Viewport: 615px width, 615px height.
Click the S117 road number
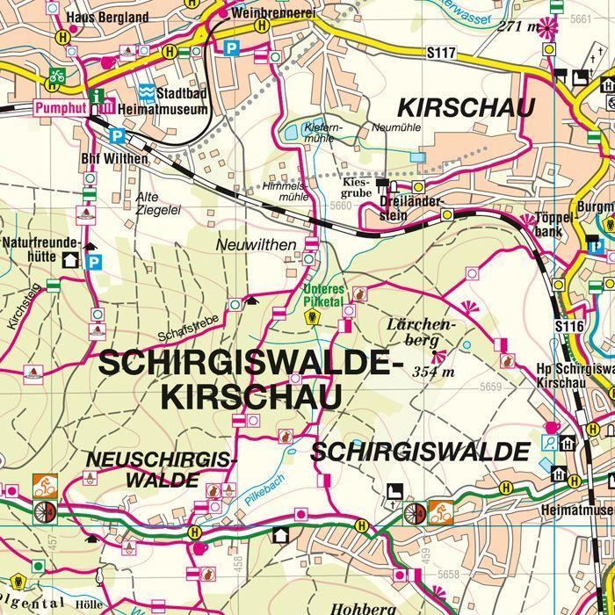click(x=441, y=54)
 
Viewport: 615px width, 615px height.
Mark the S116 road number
click(x=569, y=326)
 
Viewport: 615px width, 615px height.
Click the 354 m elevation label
click(x=433, y=372)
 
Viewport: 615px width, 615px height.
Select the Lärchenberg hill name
click(x=422, y=332)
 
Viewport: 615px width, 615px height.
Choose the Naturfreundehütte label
click(x=41, y=250)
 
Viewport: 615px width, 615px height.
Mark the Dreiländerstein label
click(x=405, y=205)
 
